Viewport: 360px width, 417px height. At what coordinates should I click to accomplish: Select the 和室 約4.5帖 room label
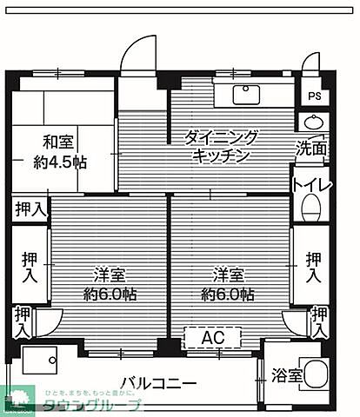(60, 151)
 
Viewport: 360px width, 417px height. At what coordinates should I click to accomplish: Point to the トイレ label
(311, 184)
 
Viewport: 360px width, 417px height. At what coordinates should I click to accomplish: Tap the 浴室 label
(288, 376)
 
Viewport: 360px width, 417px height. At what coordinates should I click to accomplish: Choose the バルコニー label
(157, 382)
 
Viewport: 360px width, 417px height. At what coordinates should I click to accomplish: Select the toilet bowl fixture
(310, 208)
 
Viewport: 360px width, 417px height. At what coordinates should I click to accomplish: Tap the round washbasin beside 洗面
(313, 122)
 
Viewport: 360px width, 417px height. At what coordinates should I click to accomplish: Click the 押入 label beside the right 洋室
(313, 267)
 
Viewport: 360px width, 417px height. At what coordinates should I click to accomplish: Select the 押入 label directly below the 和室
(30, 208)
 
